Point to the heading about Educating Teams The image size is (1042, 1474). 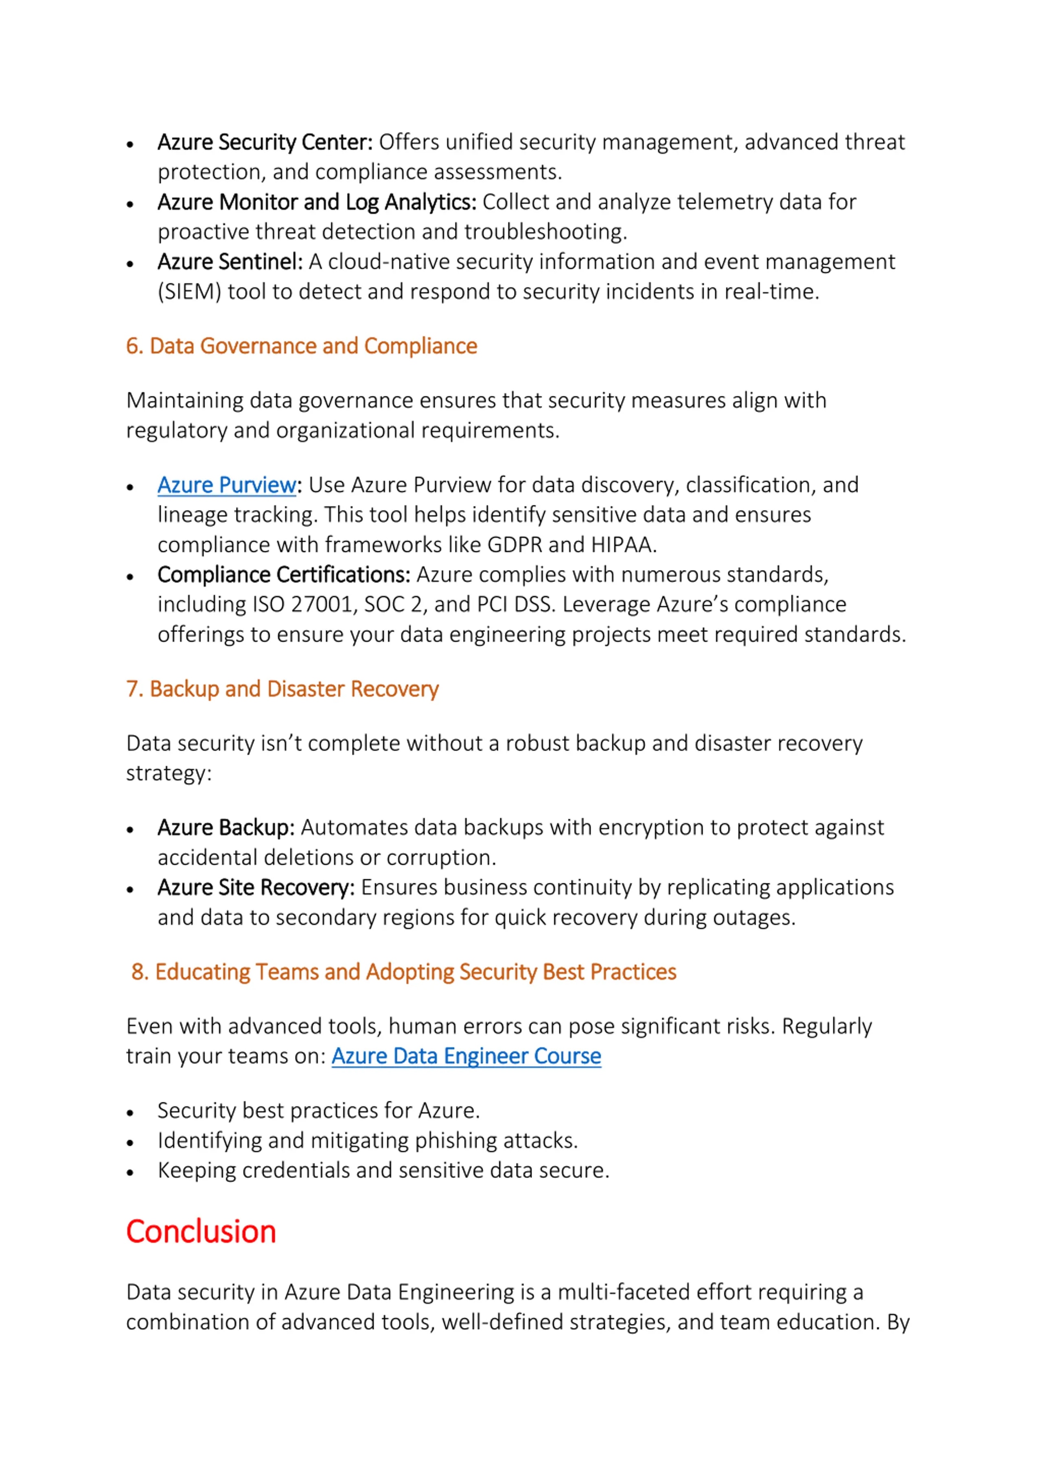coord(404,972)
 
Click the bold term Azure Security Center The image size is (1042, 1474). coord(265,142)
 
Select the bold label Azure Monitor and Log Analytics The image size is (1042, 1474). coord(317,202)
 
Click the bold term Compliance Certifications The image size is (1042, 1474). coord(284,574)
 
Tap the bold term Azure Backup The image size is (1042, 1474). coord(226,828)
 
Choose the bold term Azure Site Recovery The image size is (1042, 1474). coord(256,887)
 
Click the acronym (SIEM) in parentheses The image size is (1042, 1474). coord(189,292)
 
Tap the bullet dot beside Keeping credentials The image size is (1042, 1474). coord(130,1173)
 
